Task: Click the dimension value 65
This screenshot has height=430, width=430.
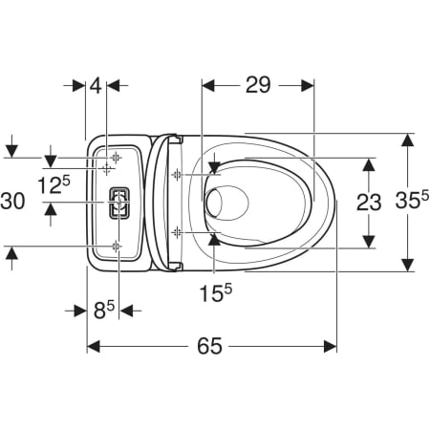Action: coord(209,346)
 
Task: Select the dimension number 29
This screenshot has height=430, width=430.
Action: coord(258,85)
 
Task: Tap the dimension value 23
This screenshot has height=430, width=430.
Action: coord(369,203)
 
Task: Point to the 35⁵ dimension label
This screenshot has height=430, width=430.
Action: coord(413,200)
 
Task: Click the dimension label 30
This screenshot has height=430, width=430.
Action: coord(12,202)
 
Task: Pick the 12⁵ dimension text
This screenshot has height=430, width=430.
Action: coord(54,184)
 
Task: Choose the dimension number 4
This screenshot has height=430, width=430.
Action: coord(96,85)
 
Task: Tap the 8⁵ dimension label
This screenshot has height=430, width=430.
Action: coord(104,310)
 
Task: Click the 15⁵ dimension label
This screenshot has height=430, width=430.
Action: coord(216,292)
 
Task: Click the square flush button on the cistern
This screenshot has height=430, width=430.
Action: coord(119,203)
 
